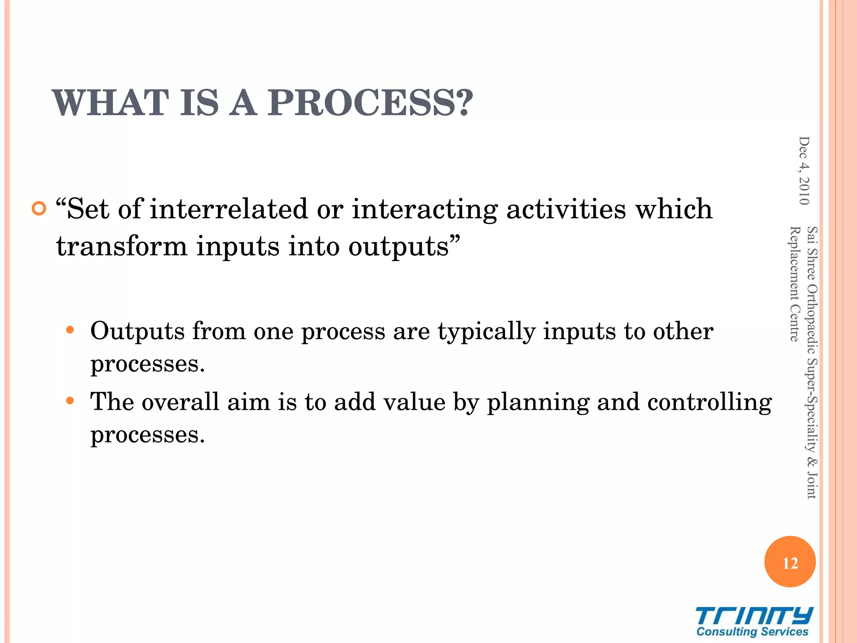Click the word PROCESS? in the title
(370, 103)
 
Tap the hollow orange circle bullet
(38, 208)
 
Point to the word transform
(122, 246)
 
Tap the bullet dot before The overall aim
(70, 401)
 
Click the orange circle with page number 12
(790, 562)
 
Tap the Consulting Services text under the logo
(752, 632)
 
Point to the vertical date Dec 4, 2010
(804, 171)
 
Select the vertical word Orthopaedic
(812, 318)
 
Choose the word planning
(538, 403)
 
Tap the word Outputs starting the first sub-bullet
(137, 331)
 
